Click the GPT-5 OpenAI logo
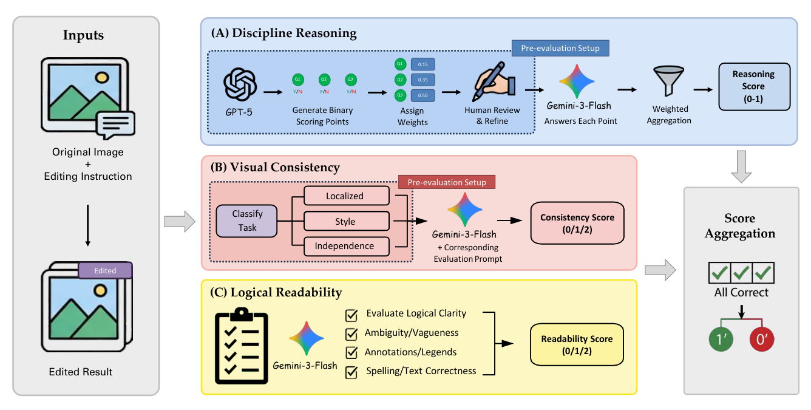click(x=240, y=84)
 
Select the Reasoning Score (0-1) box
click(x=754, y=86)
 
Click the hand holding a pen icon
click(x=492, y=84)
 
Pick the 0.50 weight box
click(x=423, y=95)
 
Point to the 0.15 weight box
click(x=423, y=64)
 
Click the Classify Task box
click(x=247, y=220)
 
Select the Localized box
click(x=345, y=196)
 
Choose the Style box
click(x=345, y=221)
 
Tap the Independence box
click(x=345, y=246)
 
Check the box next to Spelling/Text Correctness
click(x=351, y=371)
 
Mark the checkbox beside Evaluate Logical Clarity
click(x=351, y=315)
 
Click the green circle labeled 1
click(x=720, y=340)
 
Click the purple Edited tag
click(x=105, y=270)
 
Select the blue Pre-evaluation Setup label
click(x=560, y=48)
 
